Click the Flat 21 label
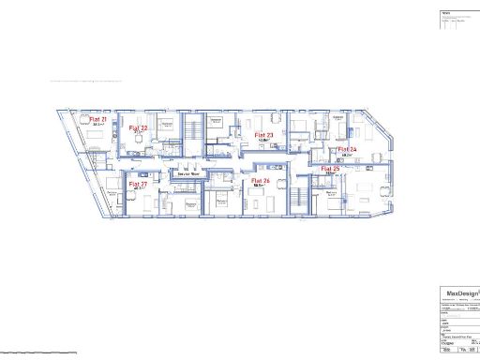tap(98, 121)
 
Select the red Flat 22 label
tap(139, 127)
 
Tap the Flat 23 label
tap(264, 135)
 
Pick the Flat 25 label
tap(330, 170)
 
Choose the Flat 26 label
tap(261, 180)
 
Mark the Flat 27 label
tap(138, 185)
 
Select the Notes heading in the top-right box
tap(446, 14)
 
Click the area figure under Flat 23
tap(263, 141)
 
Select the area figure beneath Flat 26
tap(262, 186)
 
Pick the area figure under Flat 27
tap(138, 190)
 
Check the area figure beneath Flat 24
tap(346, 155)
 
